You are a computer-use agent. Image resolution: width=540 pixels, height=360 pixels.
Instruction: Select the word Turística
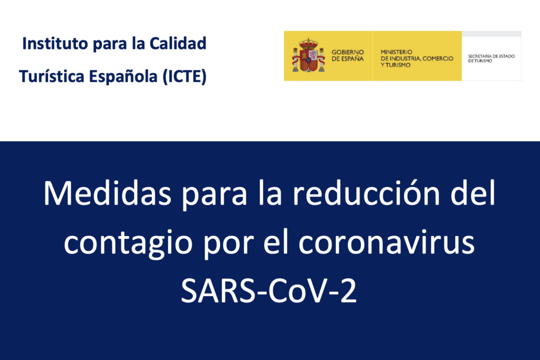coord(52,76)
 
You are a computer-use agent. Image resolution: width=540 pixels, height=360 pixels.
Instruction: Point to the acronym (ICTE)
coord(185,77)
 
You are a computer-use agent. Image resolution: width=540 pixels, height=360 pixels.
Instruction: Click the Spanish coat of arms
coord(308,55)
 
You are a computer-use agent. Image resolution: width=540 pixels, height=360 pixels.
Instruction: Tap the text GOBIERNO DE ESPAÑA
coord(348,55)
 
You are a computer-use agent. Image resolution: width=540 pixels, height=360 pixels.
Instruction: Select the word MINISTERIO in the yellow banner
coord(397,52)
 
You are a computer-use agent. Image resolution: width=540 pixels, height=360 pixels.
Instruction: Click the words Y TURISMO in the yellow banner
coord(396,65)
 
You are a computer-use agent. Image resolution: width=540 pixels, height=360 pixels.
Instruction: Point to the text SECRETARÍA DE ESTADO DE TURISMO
coord(491,58)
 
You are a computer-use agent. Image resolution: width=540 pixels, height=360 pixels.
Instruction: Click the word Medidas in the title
coord(108,193)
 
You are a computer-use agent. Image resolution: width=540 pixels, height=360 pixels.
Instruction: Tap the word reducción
coord(367,193)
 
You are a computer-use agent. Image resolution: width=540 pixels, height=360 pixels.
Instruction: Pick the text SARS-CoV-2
coord(268,291)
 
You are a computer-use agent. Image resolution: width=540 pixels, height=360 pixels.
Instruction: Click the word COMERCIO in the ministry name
coord(438,59)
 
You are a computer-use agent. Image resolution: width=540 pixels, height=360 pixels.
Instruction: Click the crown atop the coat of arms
coord(308,43)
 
